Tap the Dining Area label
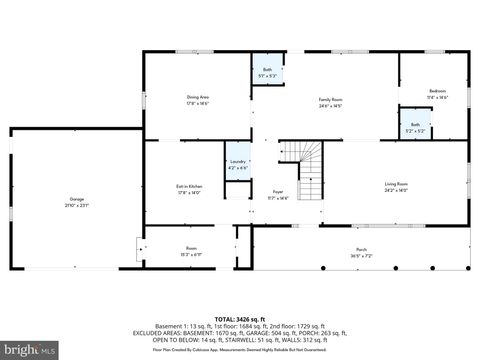point(197,97)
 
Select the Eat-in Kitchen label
point(190,187)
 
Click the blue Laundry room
point(237,164)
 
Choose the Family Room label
point(330,99)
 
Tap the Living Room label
point(396,184)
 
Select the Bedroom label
point(438,91)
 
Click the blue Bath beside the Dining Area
point(265,70)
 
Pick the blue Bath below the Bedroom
point(414,127)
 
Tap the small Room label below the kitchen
point(191,247)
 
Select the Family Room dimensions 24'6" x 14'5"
point(330,105)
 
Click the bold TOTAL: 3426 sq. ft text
point(239,318)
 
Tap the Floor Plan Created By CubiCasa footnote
point(239,350)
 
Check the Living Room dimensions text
point(396,190)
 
